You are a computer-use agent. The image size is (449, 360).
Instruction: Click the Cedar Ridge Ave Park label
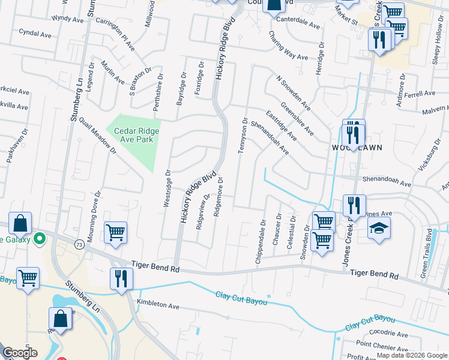pos(131,135)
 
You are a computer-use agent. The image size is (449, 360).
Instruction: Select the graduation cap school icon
pos(379,228)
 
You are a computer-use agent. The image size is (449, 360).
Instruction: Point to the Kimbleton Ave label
pos(158,305)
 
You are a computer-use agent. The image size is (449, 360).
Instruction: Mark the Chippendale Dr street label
pos(262,235)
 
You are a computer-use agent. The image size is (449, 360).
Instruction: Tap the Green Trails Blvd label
pos(427,245)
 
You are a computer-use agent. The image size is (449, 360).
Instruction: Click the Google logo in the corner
pos(20,353)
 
